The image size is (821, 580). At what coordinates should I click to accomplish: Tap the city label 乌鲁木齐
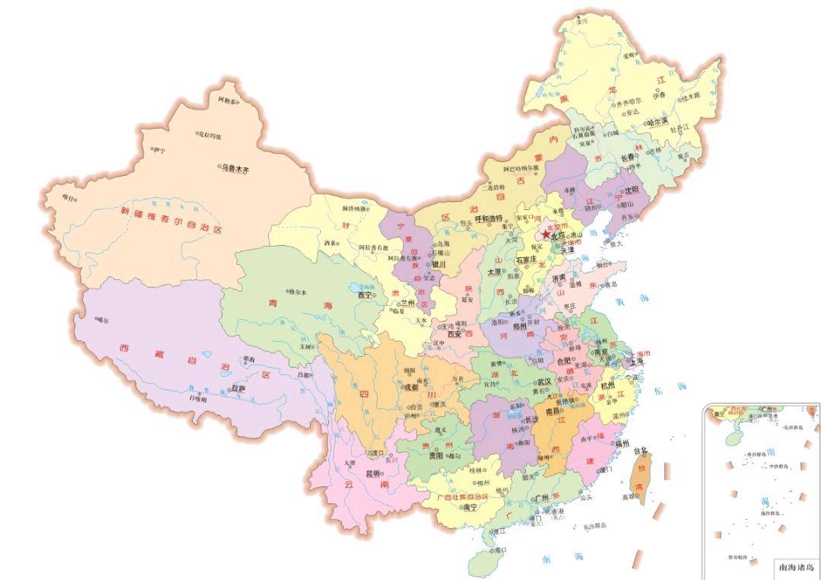[x=235, y=168]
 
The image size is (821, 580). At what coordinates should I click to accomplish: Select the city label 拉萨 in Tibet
[x=239, y=388]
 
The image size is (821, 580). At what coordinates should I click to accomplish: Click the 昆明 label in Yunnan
[x=374, y=473]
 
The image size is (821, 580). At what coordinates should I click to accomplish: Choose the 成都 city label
[x=410, y=387]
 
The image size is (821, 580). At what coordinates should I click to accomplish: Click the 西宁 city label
[x=366, y=294]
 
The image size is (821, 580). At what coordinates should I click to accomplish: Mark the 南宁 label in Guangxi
[x=470, y=507]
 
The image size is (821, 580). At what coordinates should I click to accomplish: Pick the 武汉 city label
[x=544, y=381]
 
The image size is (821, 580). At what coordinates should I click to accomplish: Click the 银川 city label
[x=439, y=265]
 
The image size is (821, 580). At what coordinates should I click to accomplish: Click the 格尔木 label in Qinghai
[x=296, y=292]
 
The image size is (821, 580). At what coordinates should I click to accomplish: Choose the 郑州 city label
[x=520, y=327]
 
